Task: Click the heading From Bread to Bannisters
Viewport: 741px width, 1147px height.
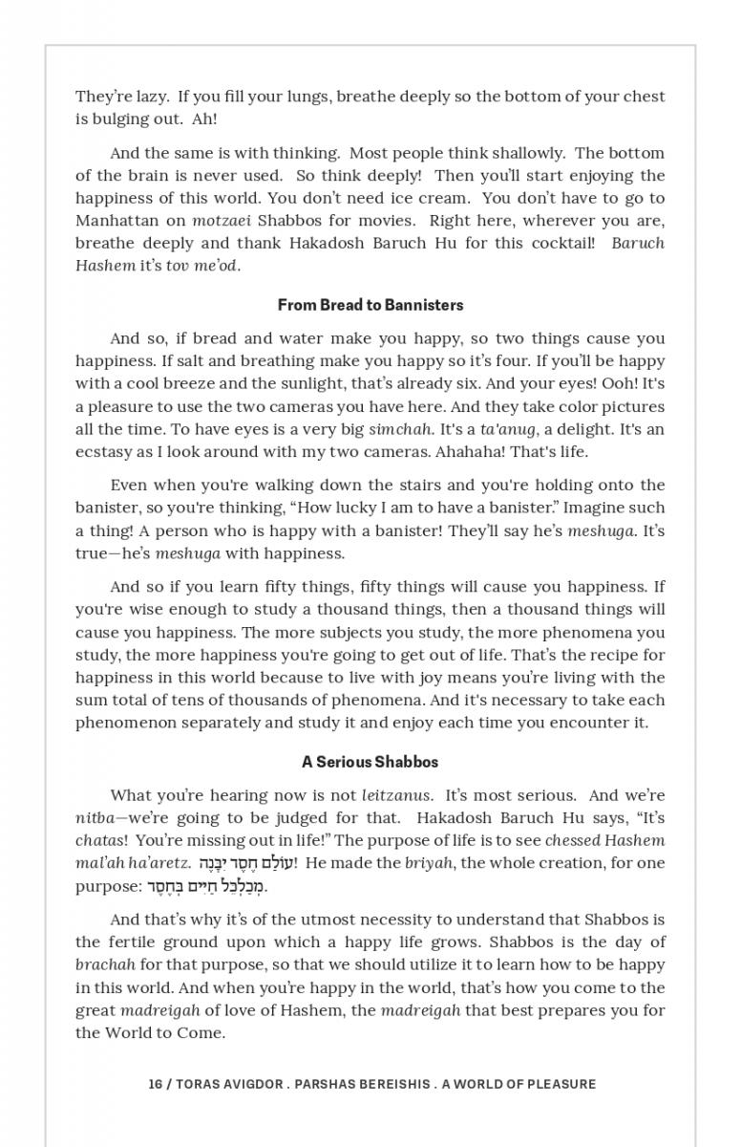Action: click(370, 305)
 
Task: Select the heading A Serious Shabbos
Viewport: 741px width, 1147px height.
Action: click(370, 762)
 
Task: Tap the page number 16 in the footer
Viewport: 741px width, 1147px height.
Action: click(155, 1084)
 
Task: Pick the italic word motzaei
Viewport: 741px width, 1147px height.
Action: click(221, 220)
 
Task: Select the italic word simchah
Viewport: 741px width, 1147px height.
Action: click(400, 429)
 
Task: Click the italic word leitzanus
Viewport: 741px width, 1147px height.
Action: click(396, 795)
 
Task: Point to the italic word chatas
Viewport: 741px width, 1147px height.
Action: click(100, 841)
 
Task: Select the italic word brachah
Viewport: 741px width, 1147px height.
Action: click(105, 965)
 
